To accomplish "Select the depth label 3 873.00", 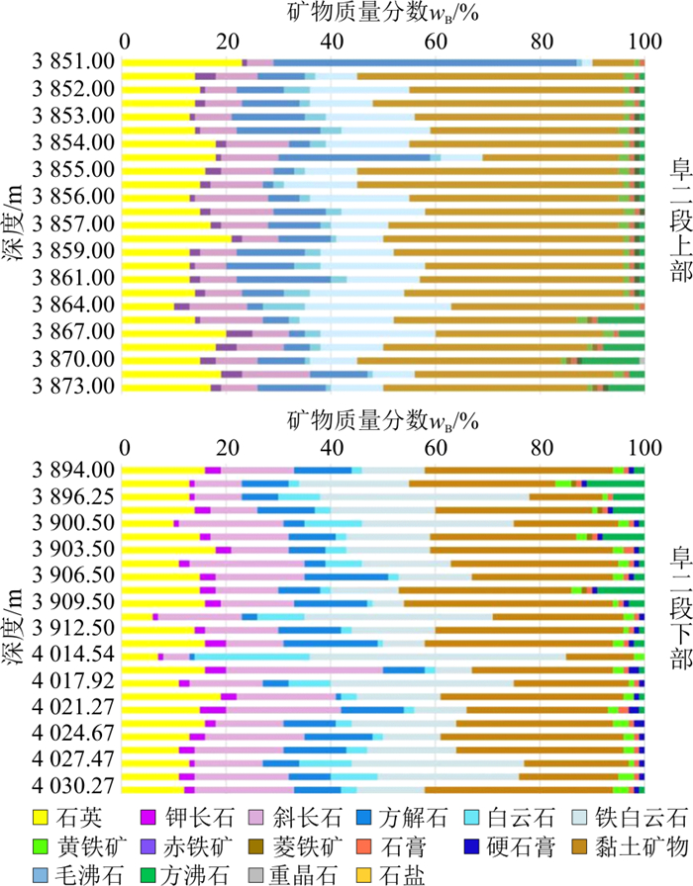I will [74, 386].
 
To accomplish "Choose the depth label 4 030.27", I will [74, 788].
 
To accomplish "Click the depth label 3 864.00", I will [74, 305].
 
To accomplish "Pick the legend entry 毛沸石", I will [93, 874].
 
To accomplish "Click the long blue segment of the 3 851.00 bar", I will [427, 62].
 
